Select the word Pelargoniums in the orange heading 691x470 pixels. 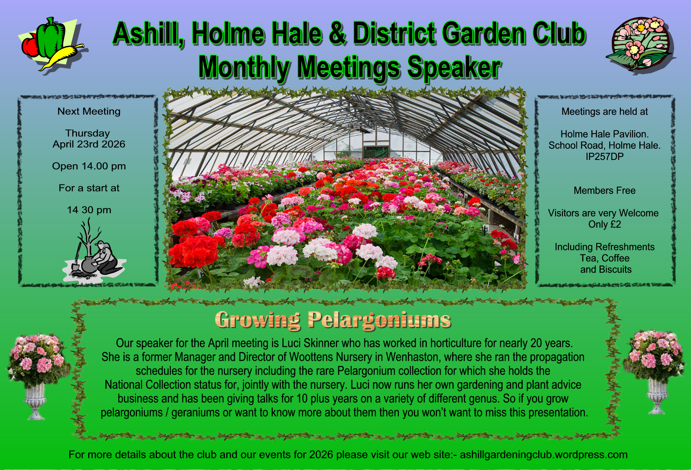379,320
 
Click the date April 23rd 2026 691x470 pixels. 89,144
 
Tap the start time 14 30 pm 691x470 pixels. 89,210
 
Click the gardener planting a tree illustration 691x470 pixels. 94,250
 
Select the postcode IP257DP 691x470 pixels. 605,157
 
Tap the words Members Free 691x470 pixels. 605,190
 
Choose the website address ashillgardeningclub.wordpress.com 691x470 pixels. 543,455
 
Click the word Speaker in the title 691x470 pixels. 453,67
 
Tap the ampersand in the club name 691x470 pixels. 339,33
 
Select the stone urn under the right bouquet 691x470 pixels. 657,396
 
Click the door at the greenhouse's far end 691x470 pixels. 376,152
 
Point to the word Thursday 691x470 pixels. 88,134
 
